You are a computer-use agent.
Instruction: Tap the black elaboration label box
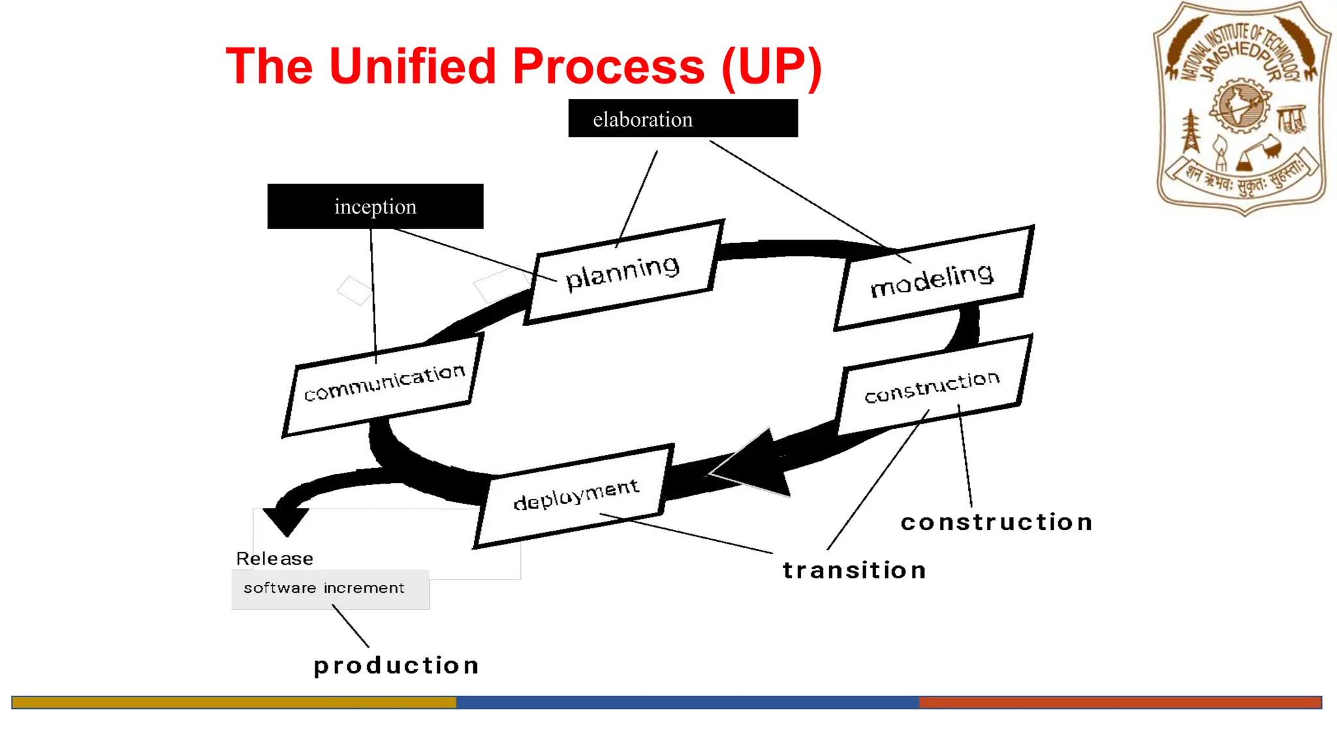tap(683, 119)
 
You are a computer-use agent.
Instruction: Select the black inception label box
tap(375, 206)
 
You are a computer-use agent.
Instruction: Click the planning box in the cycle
tap(623, 272)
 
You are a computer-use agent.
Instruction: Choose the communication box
tap(384, 384)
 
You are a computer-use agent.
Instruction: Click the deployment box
tap(574, 496)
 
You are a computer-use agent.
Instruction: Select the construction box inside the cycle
tap(932, 386)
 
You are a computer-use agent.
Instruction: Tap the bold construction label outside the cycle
tap(996, 522)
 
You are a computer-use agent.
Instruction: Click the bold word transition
tap(854, 571)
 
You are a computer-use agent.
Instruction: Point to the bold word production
tap(396, 666)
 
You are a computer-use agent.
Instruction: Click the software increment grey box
tap(330, 589)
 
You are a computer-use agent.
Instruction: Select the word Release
tap(274, 559)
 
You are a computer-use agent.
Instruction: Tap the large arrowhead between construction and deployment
tap(757, 465)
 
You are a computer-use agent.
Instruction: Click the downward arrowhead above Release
tap(286, 520)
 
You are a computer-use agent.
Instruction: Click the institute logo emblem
tap(1242, 108)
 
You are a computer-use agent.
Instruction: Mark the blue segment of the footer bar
tap(687, 702)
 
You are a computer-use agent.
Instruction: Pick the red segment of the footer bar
tap(1120, 702)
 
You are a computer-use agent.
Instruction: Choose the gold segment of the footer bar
tap(234, 702)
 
